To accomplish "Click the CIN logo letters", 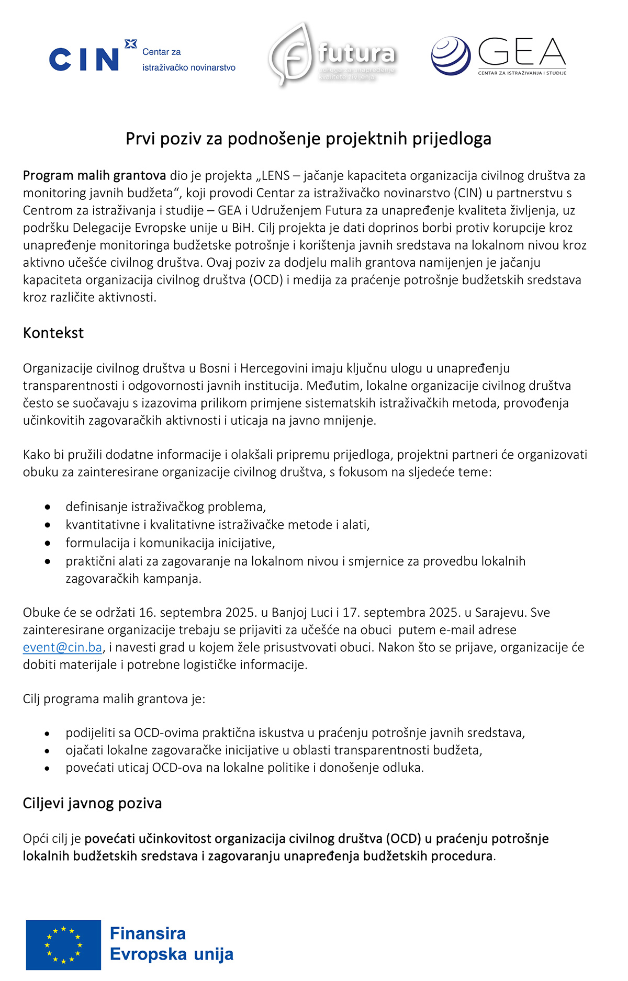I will click(84, 59).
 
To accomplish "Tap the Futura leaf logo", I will click(291, 54).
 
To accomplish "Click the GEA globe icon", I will click(451, 55).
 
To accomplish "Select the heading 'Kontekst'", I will click(53, 333).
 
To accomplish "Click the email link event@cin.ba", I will click(62, 648).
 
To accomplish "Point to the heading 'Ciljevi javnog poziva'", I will click(92, 804).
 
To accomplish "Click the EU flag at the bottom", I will click(63, 945).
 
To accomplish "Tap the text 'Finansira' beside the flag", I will click(148, 934).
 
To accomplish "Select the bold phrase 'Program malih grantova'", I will click(94, 176).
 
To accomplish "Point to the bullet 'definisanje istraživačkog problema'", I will click(165, 507).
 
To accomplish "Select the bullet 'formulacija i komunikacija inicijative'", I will click(170, 543).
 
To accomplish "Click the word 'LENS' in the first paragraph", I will click(275, 176).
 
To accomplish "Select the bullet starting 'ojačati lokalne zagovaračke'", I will click(274, 751).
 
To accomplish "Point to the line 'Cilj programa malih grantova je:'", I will click(114, 700).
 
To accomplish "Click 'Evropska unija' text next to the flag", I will click(172, 955).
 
